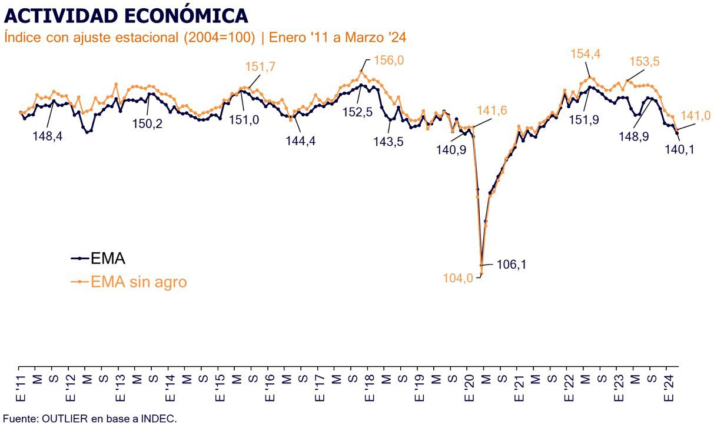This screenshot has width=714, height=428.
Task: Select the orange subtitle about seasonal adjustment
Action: coord(205,37)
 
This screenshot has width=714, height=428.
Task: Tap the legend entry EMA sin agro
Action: coord(138,282)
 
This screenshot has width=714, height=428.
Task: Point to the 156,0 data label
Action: coord(388,60)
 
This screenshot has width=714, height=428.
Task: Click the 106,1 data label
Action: coord(512,265)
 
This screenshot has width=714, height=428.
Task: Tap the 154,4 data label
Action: coord(585,54)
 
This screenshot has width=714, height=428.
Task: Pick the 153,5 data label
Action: coord(645,62)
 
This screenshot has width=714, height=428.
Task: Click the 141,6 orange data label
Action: coord(492,111)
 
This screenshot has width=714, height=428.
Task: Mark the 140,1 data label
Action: coord(679,149)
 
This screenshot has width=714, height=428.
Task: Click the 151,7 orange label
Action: coord(260,67)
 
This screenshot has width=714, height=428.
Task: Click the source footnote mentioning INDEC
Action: coord(89,419)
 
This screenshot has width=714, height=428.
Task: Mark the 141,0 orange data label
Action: coord(695,115)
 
